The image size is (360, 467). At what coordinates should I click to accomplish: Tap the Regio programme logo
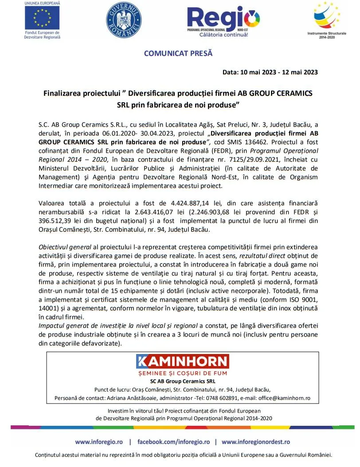point(223,20)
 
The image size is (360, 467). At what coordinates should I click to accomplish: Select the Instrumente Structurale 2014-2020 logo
point(327,18)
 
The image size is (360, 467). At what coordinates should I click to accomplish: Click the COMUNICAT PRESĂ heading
point(178,54)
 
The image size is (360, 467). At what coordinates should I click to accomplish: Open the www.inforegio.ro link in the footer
point(99,442)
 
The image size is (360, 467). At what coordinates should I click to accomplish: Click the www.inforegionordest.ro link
point(256,442)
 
